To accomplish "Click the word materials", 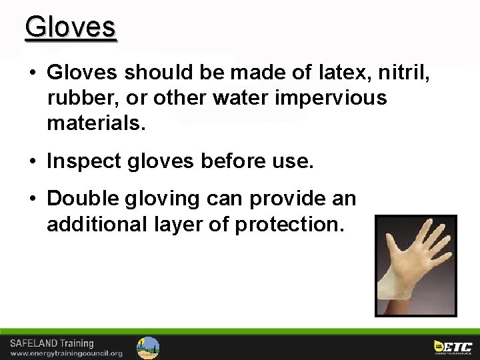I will (x=95, y=124).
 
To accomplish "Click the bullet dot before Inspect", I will (x=33, y=161).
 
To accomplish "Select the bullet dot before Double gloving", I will (x=33, y=199).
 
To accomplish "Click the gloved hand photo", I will (x=416, y=265).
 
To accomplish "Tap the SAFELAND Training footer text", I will (x=52, y=343).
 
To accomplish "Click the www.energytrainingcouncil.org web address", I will (x=66, y=353).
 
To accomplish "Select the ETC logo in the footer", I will (x=453, y=347).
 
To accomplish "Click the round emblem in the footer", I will (x=148, y=347).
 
